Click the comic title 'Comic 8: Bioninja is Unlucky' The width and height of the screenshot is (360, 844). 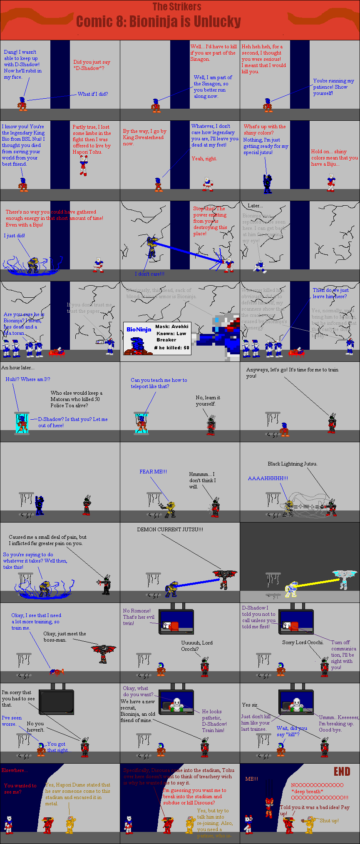point(158,21)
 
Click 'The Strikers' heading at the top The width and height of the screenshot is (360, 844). point(176,7)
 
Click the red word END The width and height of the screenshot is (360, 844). point(342,772)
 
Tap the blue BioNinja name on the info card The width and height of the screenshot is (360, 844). point(139,329)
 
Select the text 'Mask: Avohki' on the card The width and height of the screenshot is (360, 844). point(172,326)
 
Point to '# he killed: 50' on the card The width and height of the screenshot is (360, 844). point(171,348)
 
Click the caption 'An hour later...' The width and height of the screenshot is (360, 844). point(18,368)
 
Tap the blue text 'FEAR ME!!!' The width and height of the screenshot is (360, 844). point(153,472)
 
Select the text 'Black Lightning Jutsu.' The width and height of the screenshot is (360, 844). point(292,464)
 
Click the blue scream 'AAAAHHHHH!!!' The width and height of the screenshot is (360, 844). point(268,478)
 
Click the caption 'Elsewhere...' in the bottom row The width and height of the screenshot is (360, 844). point(15,770)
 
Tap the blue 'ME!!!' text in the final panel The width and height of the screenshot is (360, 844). point(252,779)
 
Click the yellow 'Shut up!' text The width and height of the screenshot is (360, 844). point(329,820)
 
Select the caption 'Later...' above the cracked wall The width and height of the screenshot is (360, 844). point(255,206)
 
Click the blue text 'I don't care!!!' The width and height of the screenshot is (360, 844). point(149,274)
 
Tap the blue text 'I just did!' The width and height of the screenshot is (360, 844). point(15,236)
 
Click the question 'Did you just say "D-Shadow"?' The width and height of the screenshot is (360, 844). point(92,65)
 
